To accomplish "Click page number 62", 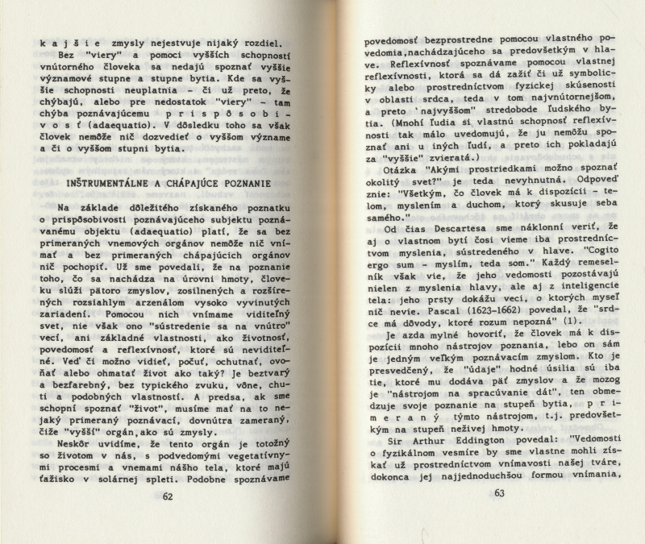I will point(168,496).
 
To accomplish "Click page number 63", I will point(498,492).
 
